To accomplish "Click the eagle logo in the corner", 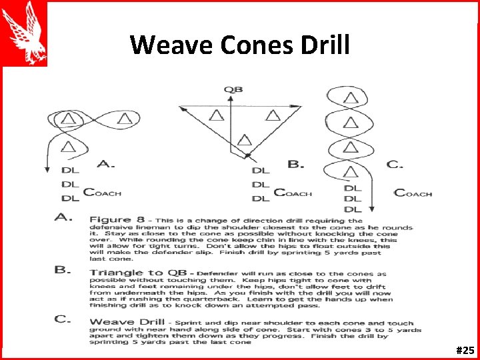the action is pyautogui.click(x=24, y=33).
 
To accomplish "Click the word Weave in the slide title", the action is pyautogui.click(x=163, y=45).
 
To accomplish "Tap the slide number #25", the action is pyautogui.click(x=465, y=349).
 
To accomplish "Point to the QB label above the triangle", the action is pyautogui.click(x=233, y=89).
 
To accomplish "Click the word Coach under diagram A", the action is pyautogui.click(x=102, y=193).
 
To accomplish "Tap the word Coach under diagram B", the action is pyautogui.click(x=293, y=193).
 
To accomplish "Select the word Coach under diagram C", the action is pyautogui.click(x=413, y=193).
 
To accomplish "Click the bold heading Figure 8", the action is pyautogui.click(x=114, y=219).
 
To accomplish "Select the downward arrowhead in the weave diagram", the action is pyautogui.click(x=371, y=207).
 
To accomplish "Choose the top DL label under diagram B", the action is pyautogui.click(x=261, y=171).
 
